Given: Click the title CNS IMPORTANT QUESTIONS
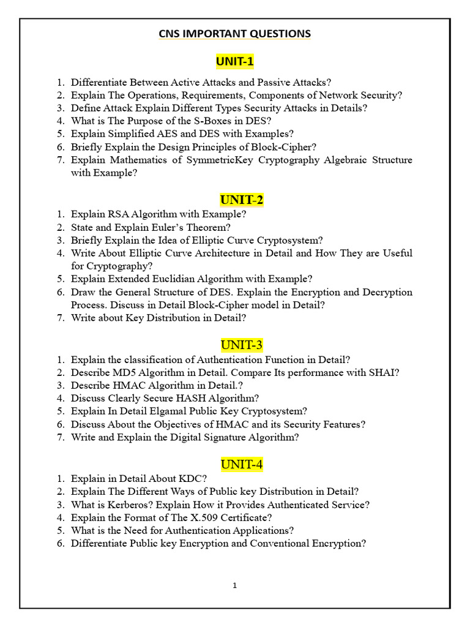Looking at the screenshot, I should coord(235,34).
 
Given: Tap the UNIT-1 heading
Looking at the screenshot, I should coord(235,61).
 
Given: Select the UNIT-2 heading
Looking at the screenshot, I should coord(241,200).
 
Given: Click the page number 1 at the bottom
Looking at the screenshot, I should coord(235,585).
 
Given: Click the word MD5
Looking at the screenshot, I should coord(119,372).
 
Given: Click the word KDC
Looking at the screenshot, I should coord(190,479).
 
